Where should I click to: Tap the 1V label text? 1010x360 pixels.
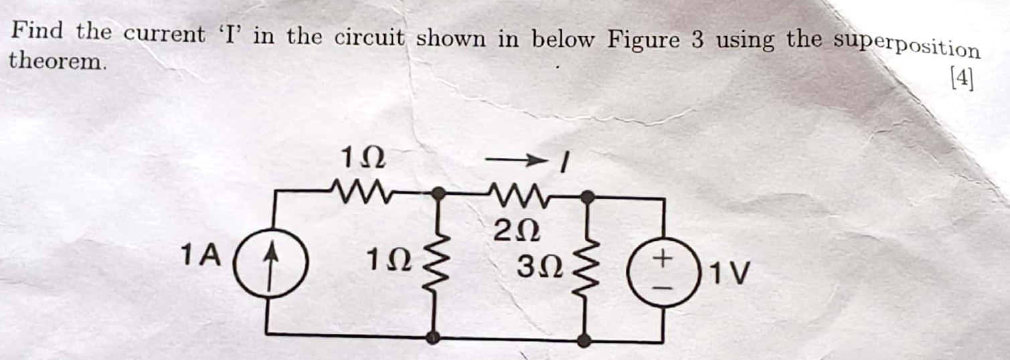[730, 274]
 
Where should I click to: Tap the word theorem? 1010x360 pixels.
[57, 62]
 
